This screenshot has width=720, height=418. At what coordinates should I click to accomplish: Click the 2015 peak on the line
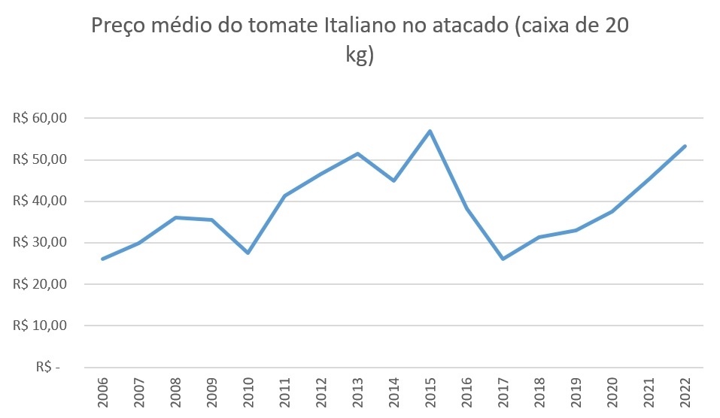coord(430,132)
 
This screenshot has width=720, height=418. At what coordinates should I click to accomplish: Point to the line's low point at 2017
coord(503,259)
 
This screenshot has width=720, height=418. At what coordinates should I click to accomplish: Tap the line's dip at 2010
coord(248,253)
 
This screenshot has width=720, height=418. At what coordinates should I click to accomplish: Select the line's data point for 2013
coord(357,153)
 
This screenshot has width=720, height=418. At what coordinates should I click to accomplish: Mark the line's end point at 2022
coord(685,146)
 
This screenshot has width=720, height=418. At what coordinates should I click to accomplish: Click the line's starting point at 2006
coord(102,259)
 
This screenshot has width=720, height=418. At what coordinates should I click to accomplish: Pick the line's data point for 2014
coord(393,180)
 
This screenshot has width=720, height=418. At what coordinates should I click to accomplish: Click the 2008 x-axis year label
coord(175,392)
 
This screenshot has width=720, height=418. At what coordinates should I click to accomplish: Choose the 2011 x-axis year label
coord(284,392)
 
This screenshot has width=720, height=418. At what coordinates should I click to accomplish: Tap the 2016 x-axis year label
coord(466,392)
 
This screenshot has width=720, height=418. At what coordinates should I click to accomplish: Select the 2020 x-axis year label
coord(612,392)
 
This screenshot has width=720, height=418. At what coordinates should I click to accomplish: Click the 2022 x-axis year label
coord(685,392)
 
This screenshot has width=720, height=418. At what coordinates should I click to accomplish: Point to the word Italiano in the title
coord(360,27)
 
